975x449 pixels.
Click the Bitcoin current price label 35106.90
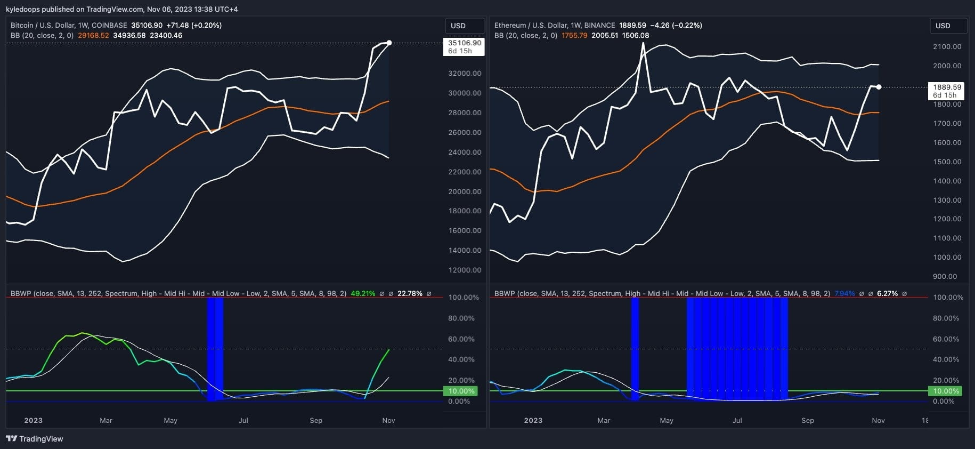pos(464,43)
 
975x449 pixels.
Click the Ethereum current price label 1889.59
pos(947,87)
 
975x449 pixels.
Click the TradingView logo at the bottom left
pos(35,439)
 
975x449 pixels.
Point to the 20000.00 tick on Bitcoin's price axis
pos(464,191)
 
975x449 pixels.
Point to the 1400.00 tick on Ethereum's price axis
pos(947,181)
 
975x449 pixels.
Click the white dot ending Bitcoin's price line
pos(389,43)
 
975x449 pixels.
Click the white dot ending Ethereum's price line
pos(879,87)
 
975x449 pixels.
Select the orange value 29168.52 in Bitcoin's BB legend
pos(93,35)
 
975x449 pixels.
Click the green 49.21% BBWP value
pos(363,293)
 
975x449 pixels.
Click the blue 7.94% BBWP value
pos(844,293)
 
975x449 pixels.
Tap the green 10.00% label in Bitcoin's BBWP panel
pos(461,391)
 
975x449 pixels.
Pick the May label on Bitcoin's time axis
pos(170,420)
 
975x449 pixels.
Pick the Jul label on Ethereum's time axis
pos(737,420)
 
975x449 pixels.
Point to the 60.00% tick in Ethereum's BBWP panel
pos(946,339)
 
